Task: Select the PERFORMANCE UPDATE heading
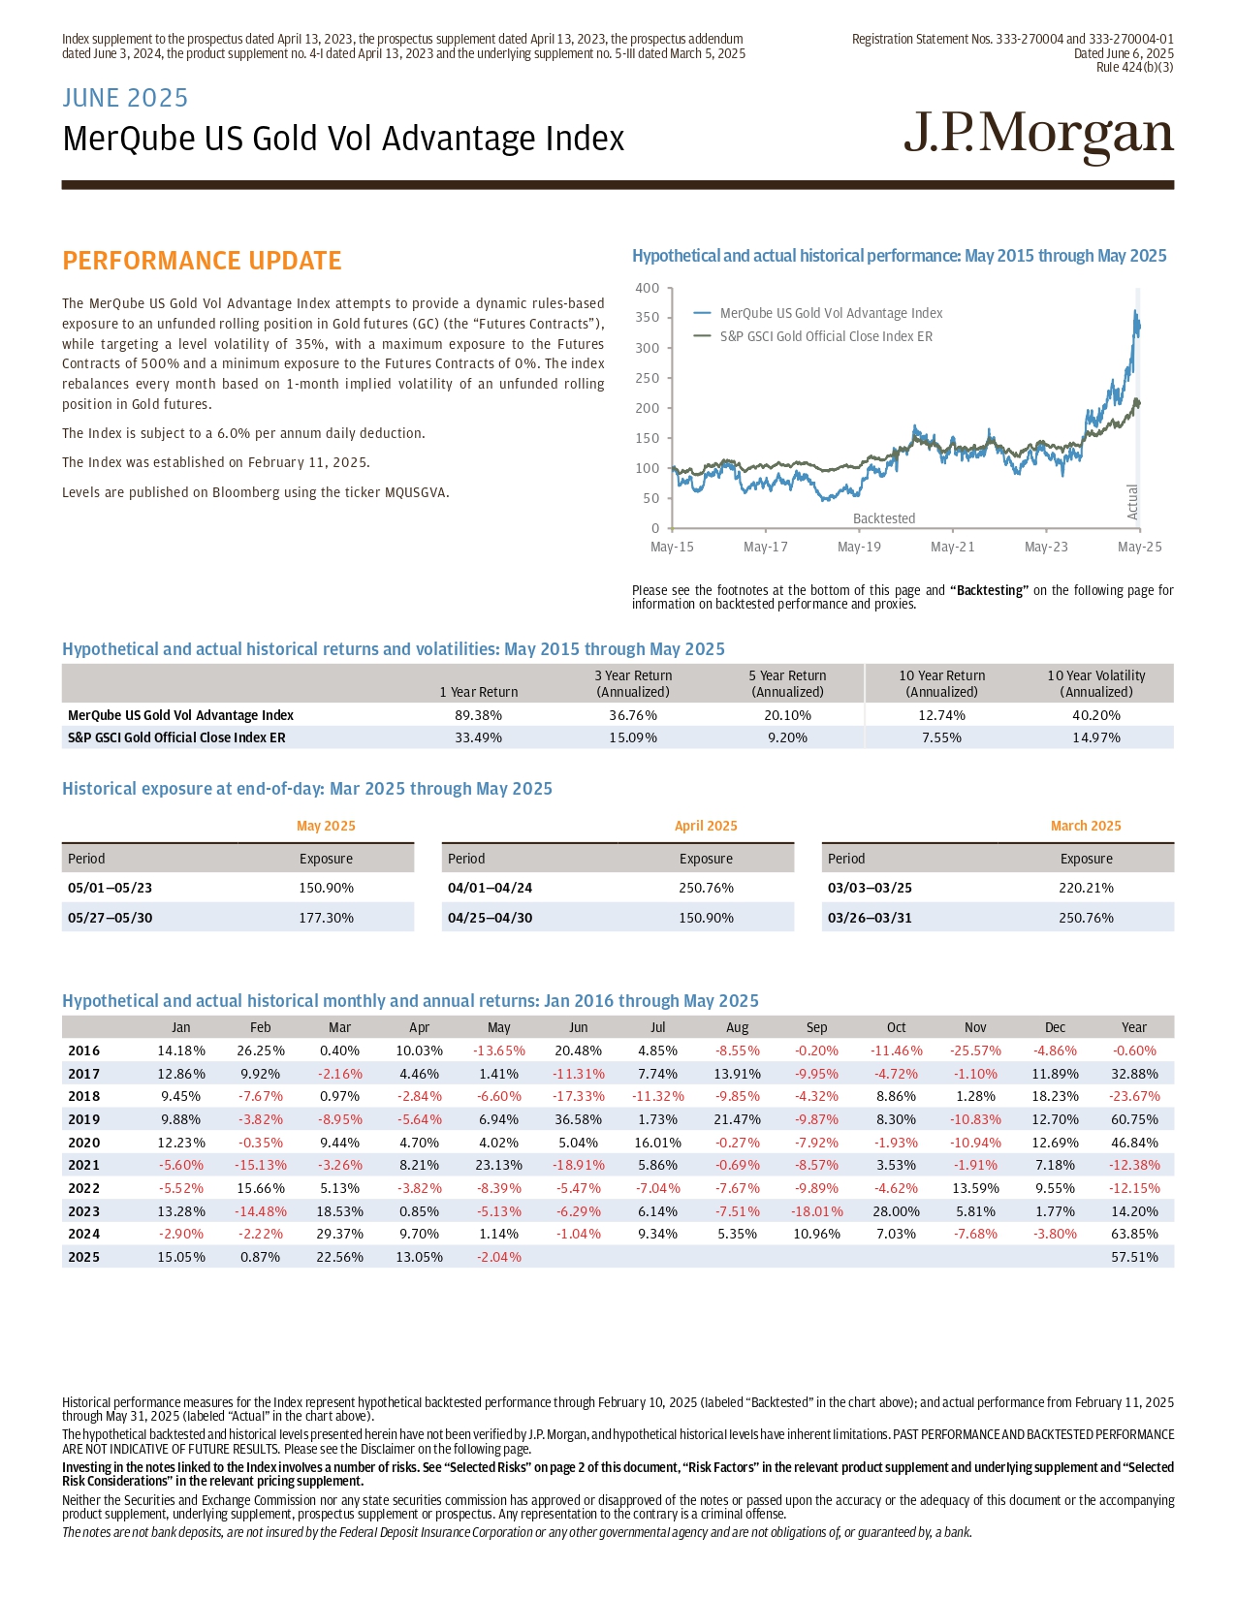pos(202,261)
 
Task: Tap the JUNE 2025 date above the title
pos(125,98)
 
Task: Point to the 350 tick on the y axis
pos(648,317)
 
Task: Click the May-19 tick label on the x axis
pos(859,547)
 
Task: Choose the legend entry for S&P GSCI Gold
pos(826,336)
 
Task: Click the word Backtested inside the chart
pos(884,518)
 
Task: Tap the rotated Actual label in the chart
pos(1132,501)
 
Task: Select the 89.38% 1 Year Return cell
pos(479,715)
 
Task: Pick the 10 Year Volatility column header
pos(1096,683)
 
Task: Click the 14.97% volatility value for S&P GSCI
pos(1096,737)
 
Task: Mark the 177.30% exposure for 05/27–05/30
pos(326,918)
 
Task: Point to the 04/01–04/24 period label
pos(490,888)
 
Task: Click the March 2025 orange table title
pos(1086,826)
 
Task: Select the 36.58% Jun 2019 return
pos(578,1119)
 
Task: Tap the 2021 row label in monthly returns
pos(84,1165)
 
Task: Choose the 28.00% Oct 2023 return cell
pos(896,1211)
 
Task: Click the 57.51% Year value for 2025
pos(1134,1257)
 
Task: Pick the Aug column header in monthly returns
pos(737,1027)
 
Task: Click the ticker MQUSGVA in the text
pos(415,492)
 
